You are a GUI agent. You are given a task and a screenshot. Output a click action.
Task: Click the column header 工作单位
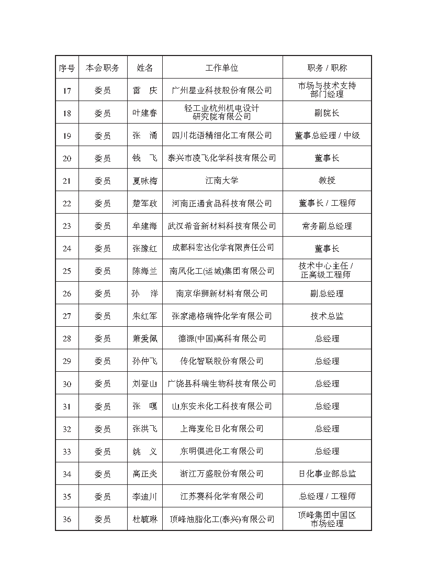222,68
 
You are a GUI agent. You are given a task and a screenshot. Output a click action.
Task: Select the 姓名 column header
145,68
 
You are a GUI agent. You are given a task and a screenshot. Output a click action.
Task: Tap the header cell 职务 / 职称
327,68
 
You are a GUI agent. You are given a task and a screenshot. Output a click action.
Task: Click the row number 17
67,91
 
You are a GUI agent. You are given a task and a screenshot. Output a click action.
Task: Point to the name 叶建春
145,113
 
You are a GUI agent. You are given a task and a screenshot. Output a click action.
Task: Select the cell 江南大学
222,181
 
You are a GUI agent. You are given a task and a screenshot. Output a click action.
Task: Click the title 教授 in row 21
327,181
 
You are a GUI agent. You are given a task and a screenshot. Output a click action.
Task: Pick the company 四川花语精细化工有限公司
222,136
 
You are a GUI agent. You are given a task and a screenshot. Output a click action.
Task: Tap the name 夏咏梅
145,181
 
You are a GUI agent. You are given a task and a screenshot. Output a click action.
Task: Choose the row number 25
67,271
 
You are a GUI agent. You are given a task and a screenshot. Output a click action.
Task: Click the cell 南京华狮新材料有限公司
222,294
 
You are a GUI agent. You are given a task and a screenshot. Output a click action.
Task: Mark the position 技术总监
327,316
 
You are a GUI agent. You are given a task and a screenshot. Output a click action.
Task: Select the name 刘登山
145,384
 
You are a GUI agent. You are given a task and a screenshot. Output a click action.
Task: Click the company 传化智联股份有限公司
222,361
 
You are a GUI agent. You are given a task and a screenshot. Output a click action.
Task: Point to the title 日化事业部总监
327,474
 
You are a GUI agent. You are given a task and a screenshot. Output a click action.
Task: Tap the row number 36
67,519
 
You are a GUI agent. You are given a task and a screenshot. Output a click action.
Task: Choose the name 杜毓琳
145,519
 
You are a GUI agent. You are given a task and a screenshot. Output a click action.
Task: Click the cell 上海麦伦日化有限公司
222,429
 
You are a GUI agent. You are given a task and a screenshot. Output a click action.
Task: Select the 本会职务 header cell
103,68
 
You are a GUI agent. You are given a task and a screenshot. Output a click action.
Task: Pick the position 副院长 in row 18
327,113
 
